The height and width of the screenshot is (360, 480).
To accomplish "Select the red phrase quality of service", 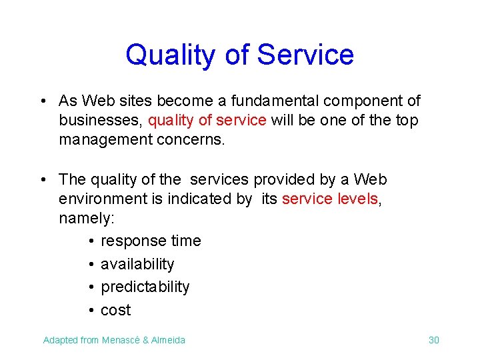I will (x=207, y=120).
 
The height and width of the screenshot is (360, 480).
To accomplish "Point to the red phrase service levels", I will (x=330, y=199).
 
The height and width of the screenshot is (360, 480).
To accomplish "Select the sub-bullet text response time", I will (x=151, y=241).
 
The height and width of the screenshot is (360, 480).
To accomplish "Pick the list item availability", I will (x=137, y=264).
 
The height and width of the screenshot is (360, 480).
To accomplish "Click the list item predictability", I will (x=145, y=287).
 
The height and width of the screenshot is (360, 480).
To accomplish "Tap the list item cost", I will (x=115, y=310).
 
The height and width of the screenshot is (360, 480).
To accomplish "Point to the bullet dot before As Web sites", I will (x=43, y=101).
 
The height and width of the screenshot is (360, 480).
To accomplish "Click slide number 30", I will (x=433, y=340).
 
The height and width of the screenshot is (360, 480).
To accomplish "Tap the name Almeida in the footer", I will (x=169, y=340).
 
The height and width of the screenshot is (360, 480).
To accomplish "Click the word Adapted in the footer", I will (x=60, y=340).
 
